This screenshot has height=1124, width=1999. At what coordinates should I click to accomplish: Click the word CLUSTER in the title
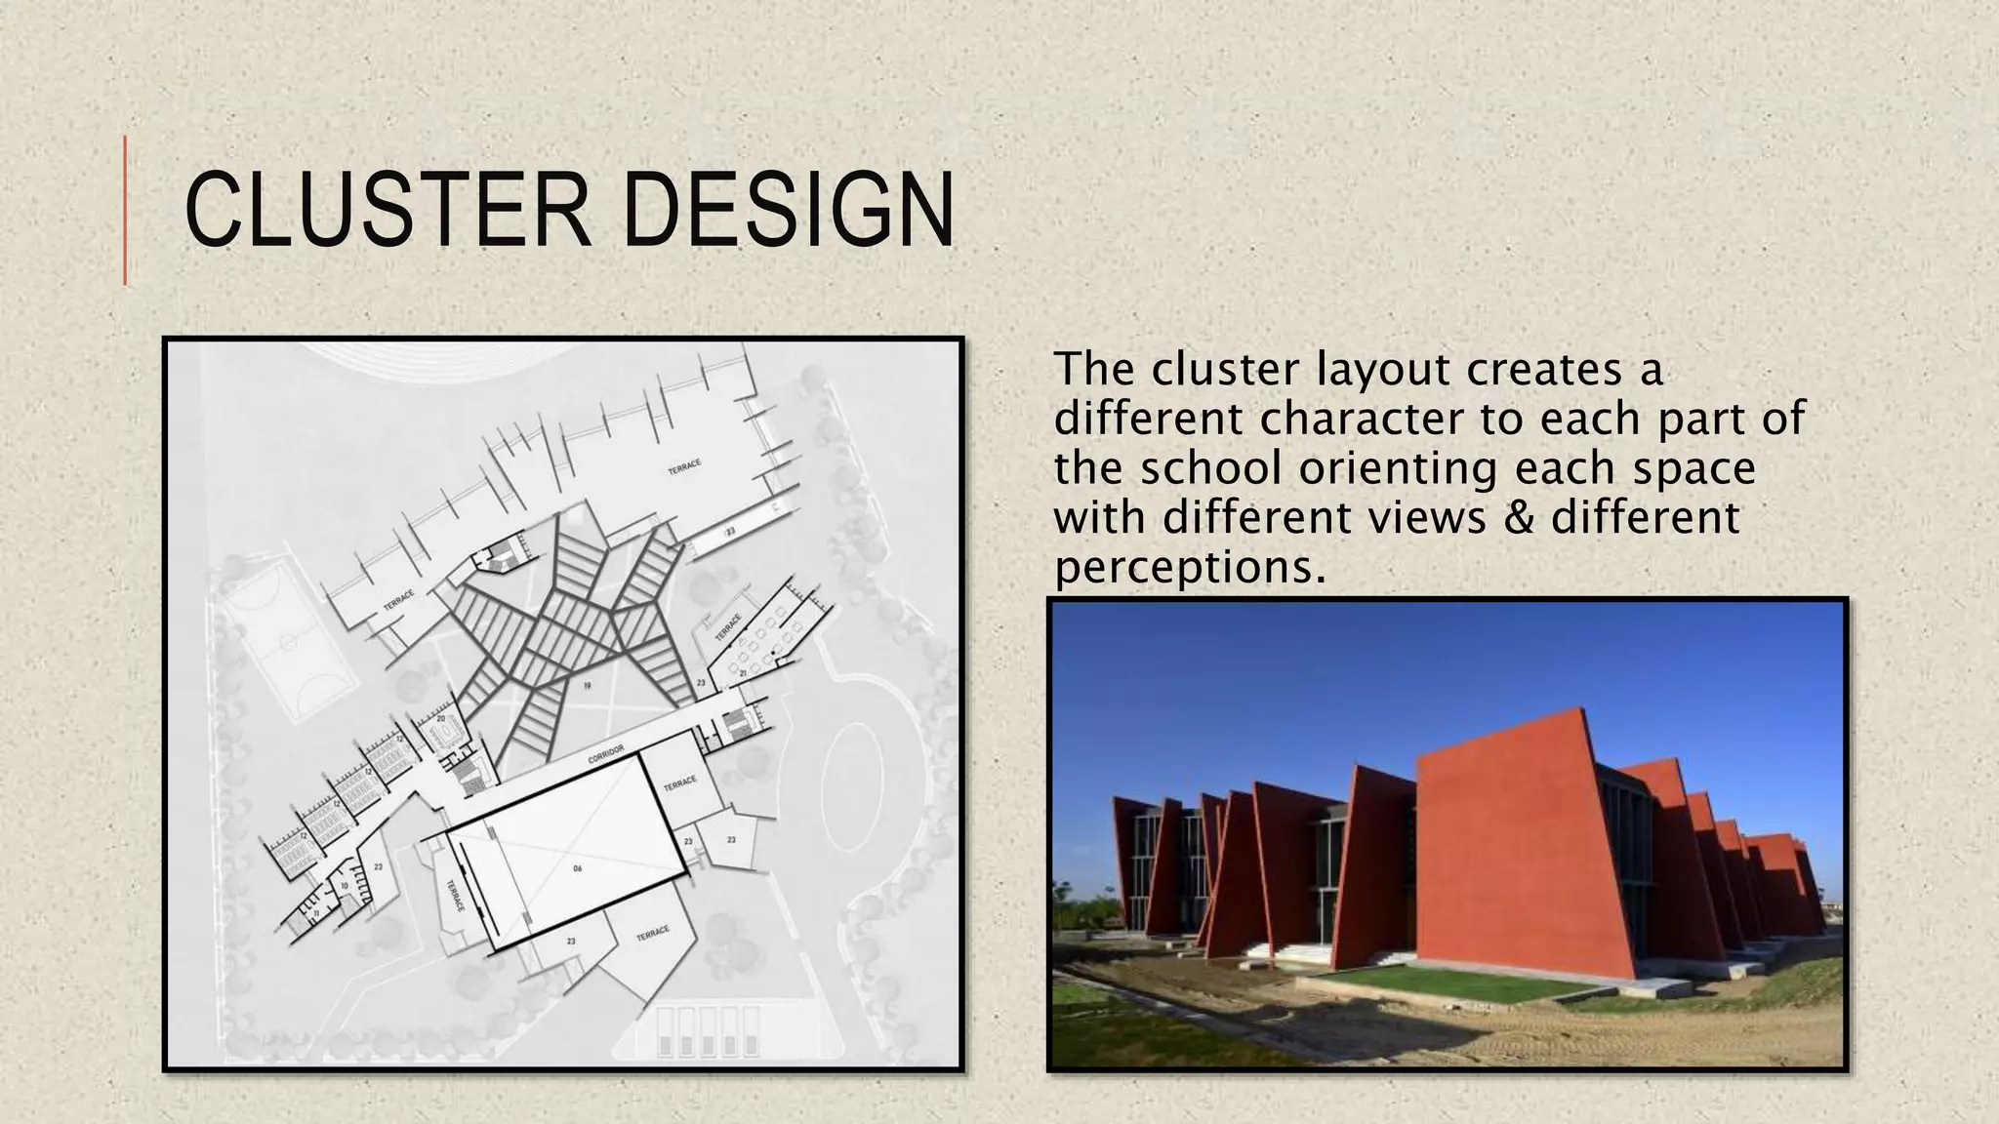coord(387,210)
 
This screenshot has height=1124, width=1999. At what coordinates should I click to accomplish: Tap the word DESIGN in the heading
coord(788,210)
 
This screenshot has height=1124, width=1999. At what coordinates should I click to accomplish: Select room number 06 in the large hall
coord(577,867)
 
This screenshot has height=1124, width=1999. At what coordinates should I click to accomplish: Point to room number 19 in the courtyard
coord(587,686)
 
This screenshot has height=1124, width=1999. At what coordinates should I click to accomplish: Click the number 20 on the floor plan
coord(440,719)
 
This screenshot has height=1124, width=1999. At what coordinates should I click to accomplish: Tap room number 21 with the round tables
coord(743,673)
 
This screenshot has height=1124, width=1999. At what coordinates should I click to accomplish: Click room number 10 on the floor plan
coord(344,886)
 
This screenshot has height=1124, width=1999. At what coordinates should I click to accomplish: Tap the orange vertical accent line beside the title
coord(125,211)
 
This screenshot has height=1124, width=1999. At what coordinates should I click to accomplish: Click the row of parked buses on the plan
coord(709,1032)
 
